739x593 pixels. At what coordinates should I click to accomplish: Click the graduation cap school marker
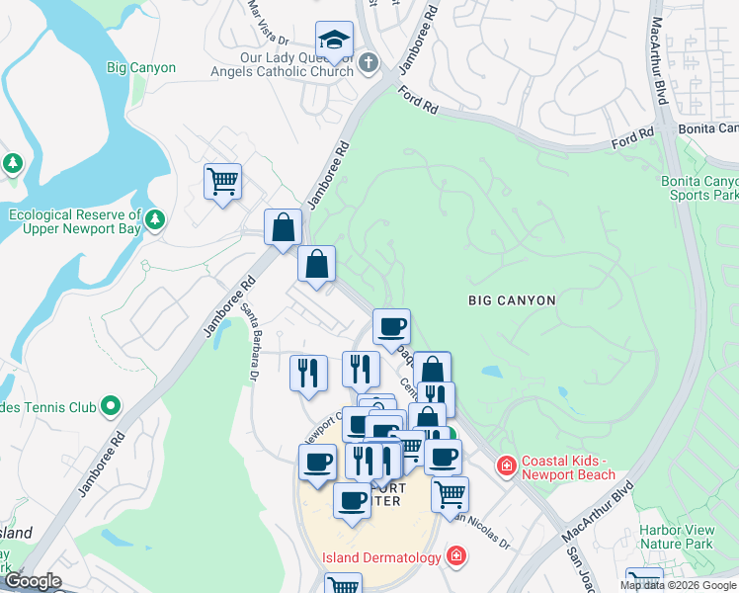[x=334, y=42]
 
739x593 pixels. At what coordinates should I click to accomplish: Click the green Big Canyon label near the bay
[x=140, y=68]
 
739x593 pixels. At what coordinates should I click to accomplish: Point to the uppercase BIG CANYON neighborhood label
[x=512, y=299]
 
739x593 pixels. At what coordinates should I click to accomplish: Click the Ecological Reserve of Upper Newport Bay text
[x=75, y=221]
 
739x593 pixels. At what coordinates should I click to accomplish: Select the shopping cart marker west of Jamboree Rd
[x=222, y=182]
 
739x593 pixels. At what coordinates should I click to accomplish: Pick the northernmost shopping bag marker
[x=283, y=227]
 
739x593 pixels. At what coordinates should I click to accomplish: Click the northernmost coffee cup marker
[x=391, y=325]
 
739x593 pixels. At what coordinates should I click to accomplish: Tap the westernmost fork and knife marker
[x=308, y=373]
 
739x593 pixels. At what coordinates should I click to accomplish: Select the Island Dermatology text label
[x=381, y=557]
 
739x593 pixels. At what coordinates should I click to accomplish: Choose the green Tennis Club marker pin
[x=111, y=405]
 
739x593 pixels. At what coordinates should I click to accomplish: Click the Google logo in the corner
[x=33, y=581]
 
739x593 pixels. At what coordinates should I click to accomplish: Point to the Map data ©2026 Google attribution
[x=678, y=585]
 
